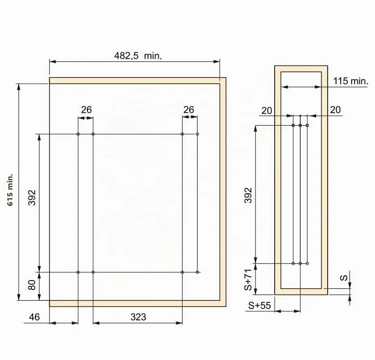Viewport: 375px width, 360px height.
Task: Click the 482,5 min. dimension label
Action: pyautogui.click(x=138, y=56)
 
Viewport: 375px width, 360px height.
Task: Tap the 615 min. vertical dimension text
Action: pyautogui.click(x=10, y=190)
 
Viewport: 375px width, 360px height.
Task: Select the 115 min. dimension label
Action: pyautogui.click(x=351, y=81)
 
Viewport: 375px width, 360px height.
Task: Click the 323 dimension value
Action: pyautogui.click(x=138, y=317)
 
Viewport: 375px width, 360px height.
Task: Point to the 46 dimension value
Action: pyautogui.click(x=34, y=317)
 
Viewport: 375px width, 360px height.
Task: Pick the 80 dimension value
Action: pyautogui.click(x=32, y=285)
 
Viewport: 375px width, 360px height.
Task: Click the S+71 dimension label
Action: pyautogui.click(x=248, y=279)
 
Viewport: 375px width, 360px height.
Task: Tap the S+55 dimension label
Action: pyautogui.click(x=260, y=305)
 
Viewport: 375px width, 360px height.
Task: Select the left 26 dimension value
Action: pyautogui.click(x=86, y=110)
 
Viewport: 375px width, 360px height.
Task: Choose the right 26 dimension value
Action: pyautogui.click(x=189, y=110)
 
